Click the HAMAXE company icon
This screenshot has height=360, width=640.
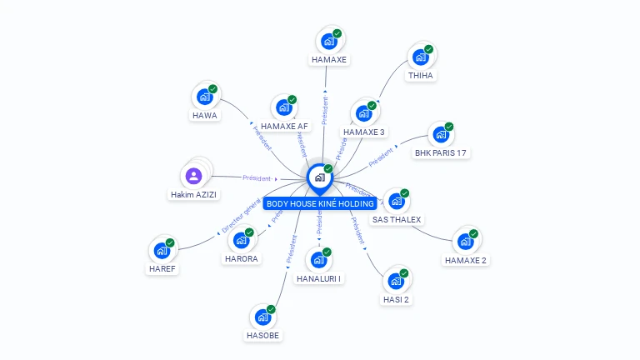[x=329, y=41]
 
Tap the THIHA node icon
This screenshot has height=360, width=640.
[x=421, y=57]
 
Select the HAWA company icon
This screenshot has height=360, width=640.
[x=205, y=97]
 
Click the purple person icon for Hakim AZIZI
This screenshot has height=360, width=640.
[x=193, y=176]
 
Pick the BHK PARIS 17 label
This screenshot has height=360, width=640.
[x=441, y=153]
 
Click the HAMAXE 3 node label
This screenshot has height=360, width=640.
[x=364, y=132]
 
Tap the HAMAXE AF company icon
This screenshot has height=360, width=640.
[x=284, y=107]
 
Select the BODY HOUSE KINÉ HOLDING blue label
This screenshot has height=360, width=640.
[x=320, y=203]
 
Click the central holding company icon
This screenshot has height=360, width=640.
[x=319, y=177]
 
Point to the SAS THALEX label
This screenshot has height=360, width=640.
[x=397, y=220]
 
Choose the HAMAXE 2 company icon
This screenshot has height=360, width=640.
[x=465, y=242]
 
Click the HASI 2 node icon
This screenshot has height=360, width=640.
[x=396, y=281]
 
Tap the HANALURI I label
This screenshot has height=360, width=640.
[x=318, y=278]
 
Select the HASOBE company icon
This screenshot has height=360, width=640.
[x=262, y=317]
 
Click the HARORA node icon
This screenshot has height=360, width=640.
[x=241, y=240]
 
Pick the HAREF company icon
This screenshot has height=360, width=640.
[x=162, y=250]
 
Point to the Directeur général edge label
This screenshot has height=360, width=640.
[x=242, y=214]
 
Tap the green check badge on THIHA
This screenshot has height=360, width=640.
[x=428, y=49]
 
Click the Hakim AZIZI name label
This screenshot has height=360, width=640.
[x=193, y=195]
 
